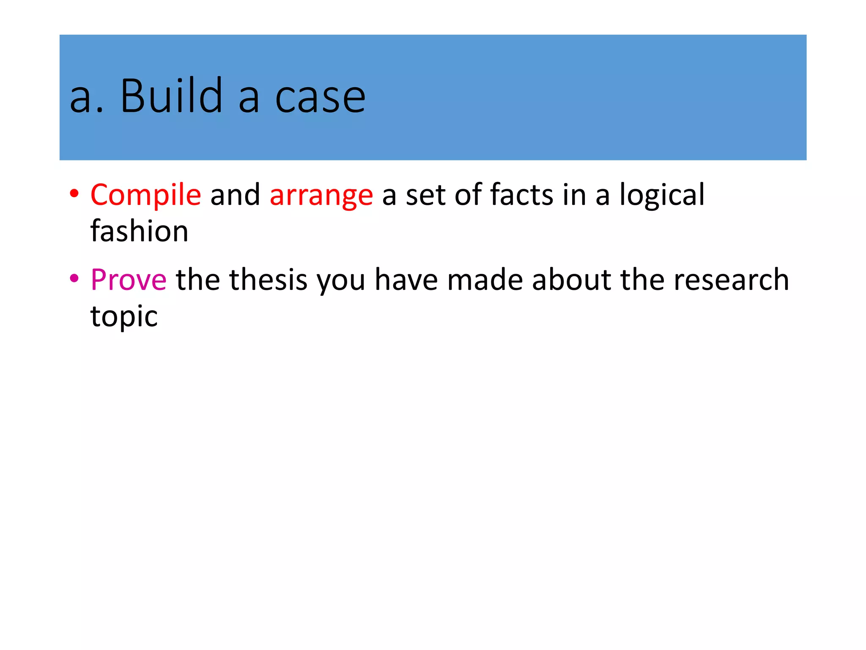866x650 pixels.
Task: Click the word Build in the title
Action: pos(171,96)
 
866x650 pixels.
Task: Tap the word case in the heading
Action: pos(320,98)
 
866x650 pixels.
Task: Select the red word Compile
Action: pos(145,195)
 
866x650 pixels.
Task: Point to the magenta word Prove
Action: pos(129,280)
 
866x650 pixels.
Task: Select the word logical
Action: pos(662,195)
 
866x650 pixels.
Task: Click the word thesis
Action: pos(274,280)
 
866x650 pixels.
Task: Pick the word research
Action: pos(731,280)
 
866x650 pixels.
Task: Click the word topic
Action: pos(124,317)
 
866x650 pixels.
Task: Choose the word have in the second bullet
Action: pos(406,280)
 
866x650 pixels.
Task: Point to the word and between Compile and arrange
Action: pos(235,195)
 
